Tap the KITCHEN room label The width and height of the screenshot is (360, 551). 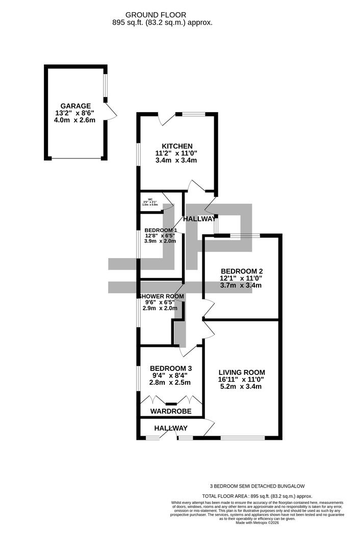click(176, 145)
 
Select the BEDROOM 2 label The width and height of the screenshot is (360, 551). click(241, 270)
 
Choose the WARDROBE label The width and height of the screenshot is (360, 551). click(171, 411)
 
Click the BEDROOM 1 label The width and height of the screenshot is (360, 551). click(160, 230)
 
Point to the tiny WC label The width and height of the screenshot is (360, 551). click(150, 199)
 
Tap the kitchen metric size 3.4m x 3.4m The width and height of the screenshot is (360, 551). click(176, 160)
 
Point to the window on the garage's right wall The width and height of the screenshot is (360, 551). click(105, 86)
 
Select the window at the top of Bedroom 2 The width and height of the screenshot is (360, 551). click(245, 236)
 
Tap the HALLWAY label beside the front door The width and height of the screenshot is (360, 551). click(171, 428)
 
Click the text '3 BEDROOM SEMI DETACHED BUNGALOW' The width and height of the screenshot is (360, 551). click(257, 486)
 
